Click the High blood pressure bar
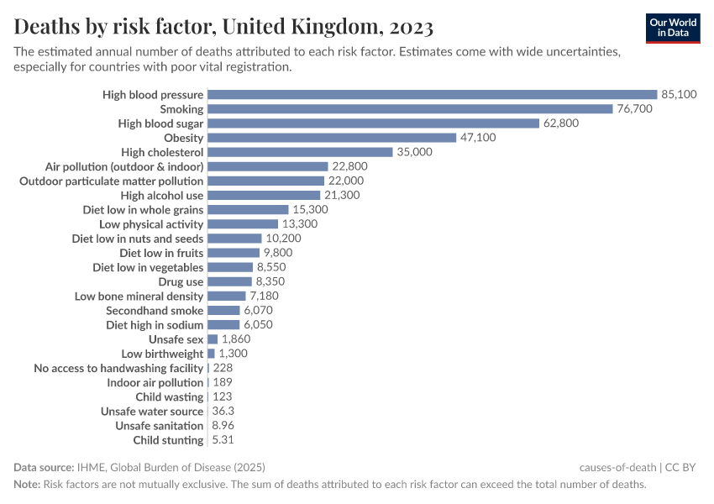point(432,95)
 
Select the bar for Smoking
point(410,109)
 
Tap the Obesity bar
point(331,138)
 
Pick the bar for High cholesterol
point(300,152)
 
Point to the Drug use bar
point(229,281)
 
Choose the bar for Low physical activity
point(242,224)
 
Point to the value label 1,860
point(236,339)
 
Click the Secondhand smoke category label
point(155,311)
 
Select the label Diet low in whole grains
point(143,209)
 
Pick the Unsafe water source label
point(152,412)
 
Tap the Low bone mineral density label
point(139,297)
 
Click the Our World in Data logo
point(673,27)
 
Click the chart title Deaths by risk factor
point(223,28)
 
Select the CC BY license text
point(681,468)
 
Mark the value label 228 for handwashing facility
point(223,368)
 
